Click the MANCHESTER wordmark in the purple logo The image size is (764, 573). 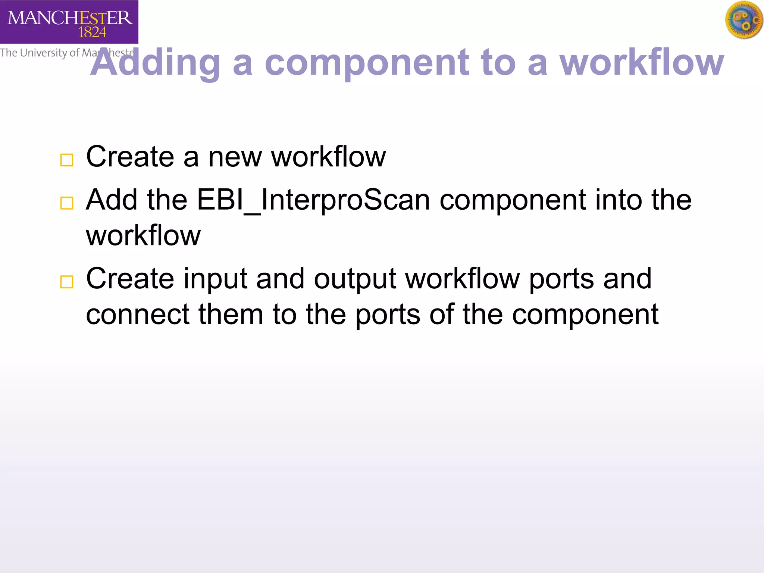(x=70, y=18)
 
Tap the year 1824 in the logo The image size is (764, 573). (x=92, y=33)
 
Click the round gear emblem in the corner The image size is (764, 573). (x=744, y=20)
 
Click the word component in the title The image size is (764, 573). (x=367, y=63)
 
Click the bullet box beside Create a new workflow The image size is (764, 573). (x=67, y=160)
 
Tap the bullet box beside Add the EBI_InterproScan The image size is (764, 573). (x=67, y=203)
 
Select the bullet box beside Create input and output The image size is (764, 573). (x=67, y=282)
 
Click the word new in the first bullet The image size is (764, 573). (x=235, y=157)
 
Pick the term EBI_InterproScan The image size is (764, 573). (x=313, y=200)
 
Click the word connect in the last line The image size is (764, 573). (x=138, y=314)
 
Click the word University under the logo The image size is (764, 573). (x=43, y=53)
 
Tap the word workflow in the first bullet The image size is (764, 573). (x=328, y=157)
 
